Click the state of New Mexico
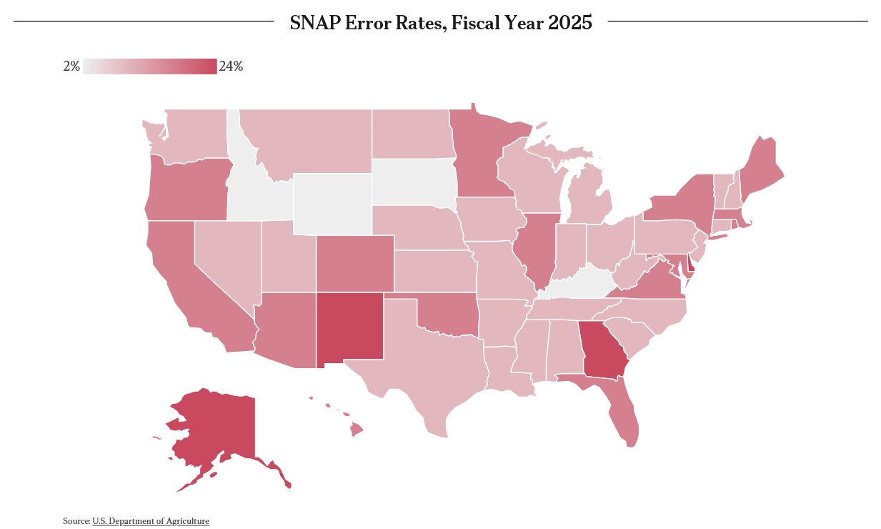pos(349,327)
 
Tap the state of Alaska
pos(220,433)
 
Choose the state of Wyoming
pos(332,204)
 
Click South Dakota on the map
pos(414,182)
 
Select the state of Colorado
pos(355,264)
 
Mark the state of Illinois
pos(537,248)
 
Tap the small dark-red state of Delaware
pos(691,263)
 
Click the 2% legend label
pos(71,66)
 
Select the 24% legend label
pos(231,66)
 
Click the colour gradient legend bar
pos(150,66)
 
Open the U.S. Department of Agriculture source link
pos(151,521)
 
